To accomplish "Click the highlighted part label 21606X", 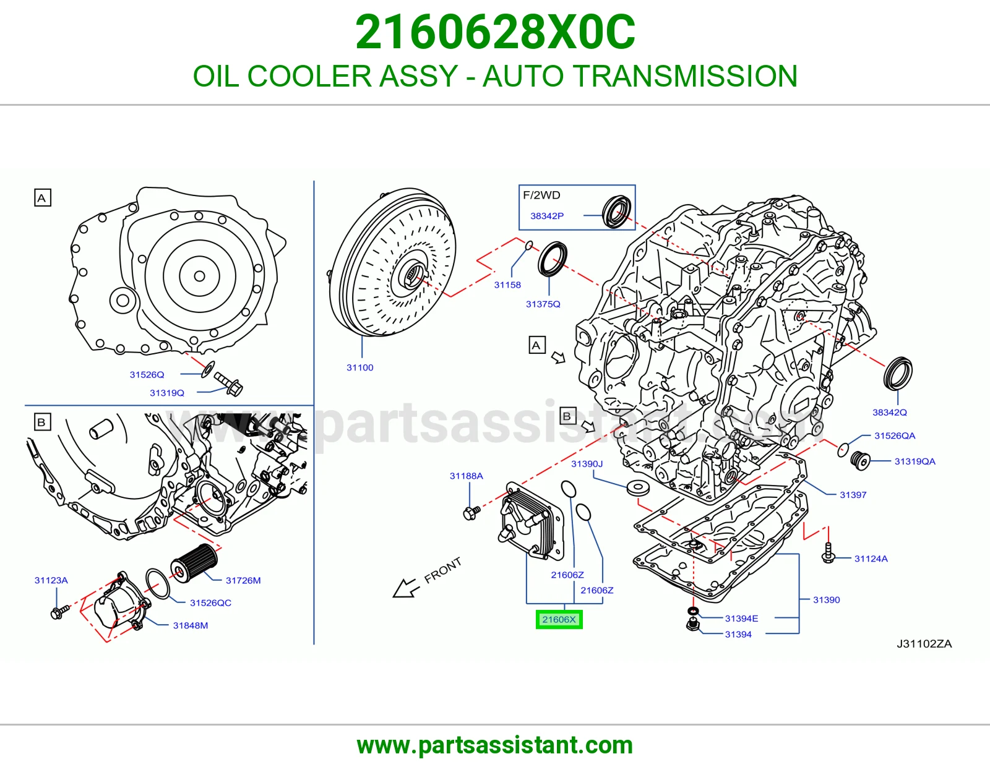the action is (x=559, y=619).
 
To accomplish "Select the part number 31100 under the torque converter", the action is (x=360, y=367).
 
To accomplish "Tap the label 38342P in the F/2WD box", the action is (x=547, y=216).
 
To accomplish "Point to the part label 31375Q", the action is (x=543, y=304).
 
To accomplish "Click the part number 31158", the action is (x=507, y=285).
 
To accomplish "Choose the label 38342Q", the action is (x=889, y=413).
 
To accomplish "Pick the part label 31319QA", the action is (x=915, y=462).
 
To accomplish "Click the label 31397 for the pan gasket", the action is (x=853, y=495).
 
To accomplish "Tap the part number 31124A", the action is (x=871, y=559).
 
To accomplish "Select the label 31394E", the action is (x=741, y=619).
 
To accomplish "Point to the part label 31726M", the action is (x=243, y=581).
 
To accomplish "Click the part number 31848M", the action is (x=191, y=626).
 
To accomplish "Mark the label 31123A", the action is (x=51, y=580).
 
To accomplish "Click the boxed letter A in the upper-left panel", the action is (x=42, y=198).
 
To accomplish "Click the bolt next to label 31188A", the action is (x=471, y=512).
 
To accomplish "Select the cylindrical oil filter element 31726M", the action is (x=194, y=563).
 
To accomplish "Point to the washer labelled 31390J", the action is (x=639, y=488).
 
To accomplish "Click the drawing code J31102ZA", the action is (x=924, y=644).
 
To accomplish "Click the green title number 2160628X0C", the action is (x=495, y=32).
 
